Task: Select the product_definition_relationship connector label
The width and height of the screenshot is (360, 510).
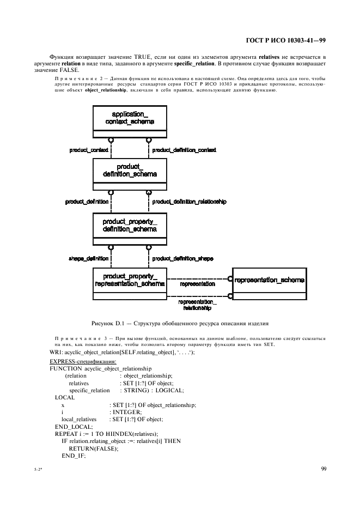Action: click(x=188, y=202)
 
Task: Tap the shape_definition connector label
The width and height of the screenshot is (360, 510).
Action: click(x=89, y=258)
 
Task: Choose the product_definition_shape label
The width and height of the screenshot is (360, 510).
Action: click(x=182, y=258)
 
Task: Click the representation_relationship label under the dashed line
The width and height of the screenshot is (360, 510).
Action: click(x=197, y=305)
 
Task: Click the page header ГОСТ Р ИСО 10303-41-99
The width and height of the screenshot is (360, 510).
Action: click(x=286, y=39)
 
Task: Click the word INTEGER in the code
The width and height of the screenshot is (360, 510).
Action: click(x=126, y=412)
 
